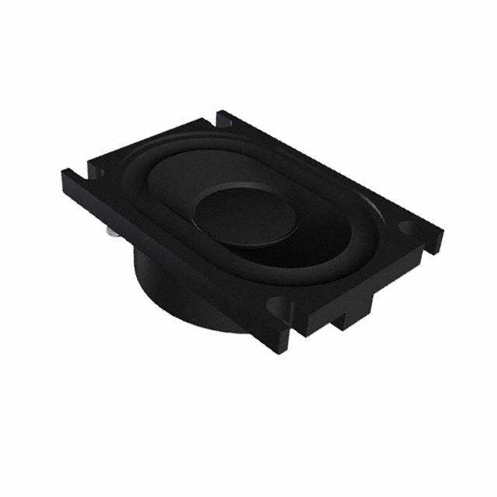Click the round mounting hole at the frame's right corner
click(x=408, y=228)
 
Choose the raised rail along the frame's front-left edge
click(x=171, y=248)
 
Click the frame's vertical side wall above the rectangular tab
click(x=365, y=287)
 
